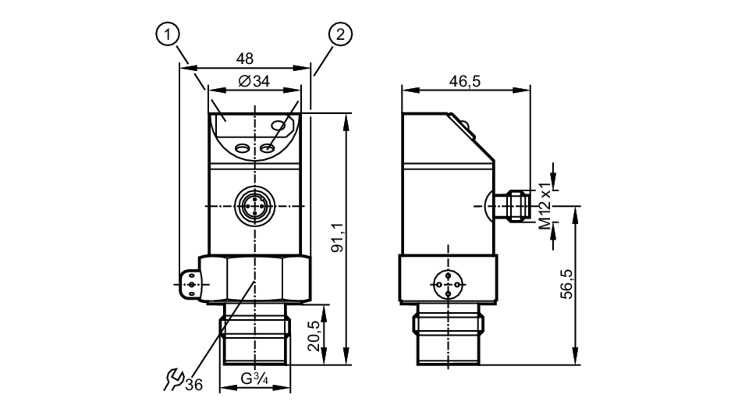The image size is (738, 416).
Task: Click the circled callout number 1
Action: (x=168, y=34)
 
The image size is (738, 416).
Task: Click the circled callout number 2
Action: (x=340, y=34)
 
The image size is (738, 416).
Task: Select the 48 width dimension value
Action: (x=245, y=58)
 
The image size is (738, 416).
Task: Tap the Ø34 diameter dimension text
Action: (x=254, y=81)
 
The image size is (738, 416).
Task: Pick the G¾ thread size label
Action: (x=254, y=379)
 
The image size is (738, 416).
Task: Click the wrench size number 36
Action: (x=194, y=385)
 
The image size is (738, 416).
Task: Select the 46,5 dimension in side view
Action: (x=465, y=81)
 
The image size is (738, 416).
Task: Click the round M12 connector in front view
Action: (x=255, y=206)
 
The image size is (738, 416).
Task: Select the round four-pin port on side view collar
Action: (x=448, y=284)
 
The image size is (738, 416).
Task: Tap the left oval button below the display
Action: (x=242, y=148)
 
